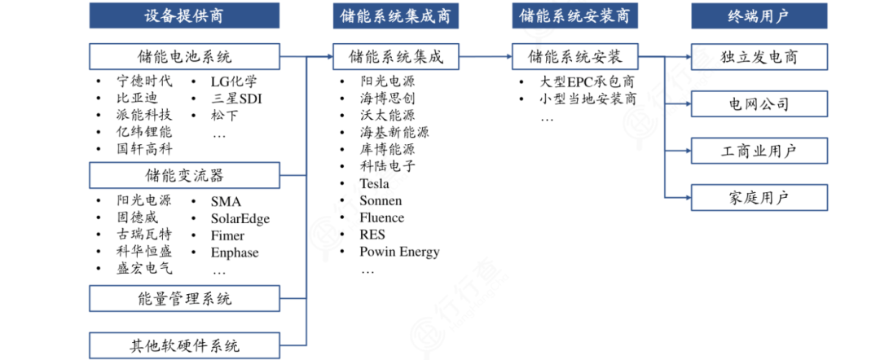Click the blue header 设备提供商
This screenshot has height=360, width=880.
pos(184,15)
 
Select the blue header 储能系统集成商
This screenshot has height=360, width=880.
pos(395,15)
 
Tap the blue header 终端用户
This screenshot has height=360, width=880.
pos(759,15)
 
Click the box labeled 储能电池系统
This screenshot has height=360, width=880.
pos(184,57)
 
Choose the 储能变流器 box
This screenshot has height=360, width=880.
pos(184,175)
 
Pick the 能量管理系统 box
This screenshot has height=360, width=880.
pos(184,298)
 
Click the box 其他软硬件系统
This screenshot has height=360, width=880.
pos(184,345)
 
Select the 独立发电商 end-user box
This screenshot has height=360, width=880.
pos(759,57)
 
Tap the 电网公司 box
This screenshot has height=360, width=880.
pos(759,103)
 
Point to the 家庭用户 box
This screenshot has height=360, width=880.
pos(759,197)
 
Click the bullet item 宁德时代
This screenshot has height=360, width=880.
pos(144,81)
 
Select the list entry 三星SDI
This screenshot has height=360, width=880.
pos(236,99)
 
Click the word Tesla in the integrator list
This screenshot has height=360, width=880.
pos(374,182)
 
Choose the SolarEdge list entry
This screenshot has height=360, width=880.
pos(240,219)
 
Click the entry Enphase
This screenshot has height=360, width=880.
pos(235,253)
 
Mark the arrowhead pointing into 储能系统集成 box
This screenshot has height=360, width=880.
pos(328,57)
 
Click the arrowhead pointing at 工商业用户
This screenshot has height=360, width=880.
pos(686,151)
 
